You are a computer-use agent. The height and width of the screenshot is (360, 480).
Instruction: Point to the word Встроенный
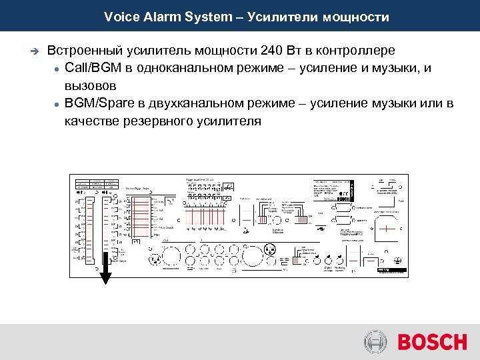pos(85,51)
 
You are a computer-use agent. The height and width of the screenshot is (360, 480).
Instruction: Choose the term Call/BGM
pos(93,68)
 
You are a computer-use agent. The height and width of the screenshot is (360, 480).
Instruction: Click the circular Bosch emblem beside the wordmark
pos(376,342)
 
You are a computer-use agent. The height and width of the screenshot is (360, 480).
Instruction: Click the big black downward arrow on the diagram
pos(105,272)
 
